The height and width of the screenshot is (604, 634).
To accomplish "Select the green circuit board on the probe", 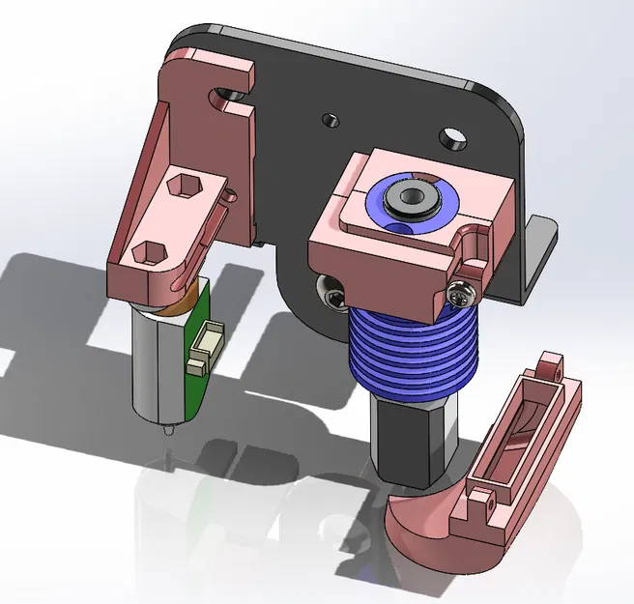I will (199, 382).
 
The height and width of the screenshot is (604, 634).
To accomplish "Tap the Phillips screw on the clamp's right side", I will (463, 287).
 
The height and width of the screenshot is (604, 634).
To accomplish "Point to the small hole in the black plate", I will (330, 120).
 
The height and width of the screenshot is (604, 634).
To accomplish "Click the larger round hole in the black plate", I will (450, 137).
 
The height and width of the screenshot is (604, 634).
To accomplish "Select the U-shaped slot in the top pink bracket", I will (228, 95).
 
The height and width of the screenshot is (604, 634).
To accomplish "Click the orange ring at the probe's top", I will (180, 303).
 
